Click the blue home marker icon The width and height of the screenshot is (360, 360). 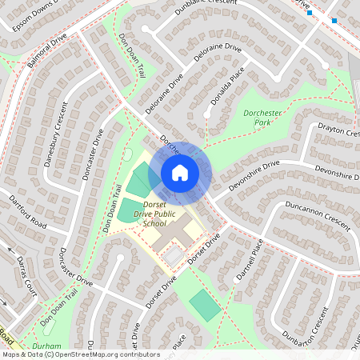click(179, 172)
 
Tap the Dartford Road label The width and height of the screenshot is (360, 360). click(27, 211)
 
